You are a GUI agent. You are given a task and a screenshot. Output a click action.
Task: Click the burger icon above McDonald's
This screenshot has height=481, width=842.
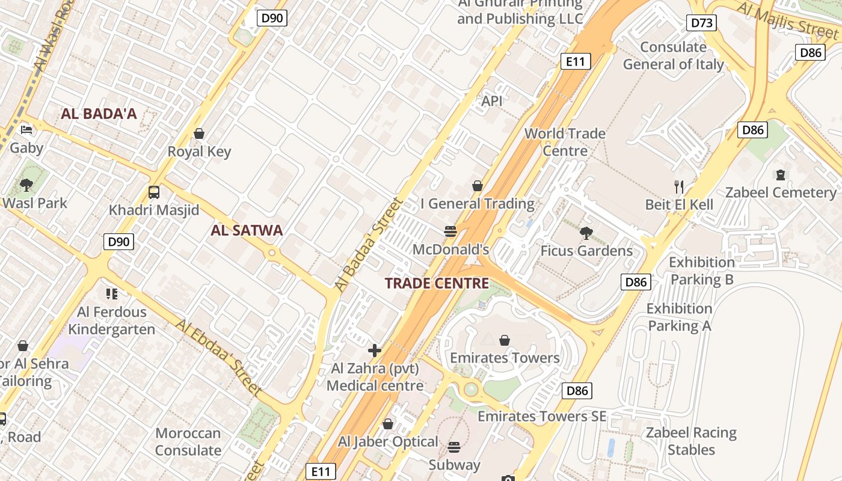[x=450, y=231]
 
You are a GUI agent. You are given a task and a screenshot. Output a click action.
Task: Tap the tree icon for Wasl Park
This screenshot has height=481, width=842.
[x=26, y=185]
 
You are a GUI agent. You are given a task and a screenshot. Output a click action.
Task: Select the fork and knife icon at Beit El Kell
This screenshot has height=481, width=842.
[x=679, y=187]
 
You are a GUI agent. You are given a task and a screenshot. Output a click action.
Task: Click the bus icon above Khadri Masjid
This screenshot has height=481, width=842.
[x=154, y=192]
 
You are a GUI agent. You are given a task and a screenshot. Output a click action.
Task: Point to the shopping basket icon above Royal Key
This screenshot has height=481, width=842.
[x=199, y=133]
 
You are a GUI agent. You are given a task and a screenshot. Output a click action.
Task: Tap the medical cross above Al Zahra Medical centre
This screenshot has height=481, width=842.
[x=375, y=350]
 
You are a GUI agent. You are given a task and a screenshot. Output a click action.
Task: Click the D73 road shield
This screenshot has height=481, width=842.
[x=702, y=23]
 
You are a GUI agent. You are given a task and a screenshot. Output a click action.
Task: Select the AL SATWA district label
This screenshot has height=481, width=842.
[x=247, y=230]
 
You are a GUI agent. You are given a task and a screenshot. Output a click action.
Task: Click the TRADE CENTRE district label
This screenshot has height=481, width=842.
[x=437, y=283]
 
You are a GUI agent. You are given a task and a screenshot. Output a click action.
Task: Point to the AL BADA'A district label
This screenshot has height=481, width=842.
[x=99, y=114]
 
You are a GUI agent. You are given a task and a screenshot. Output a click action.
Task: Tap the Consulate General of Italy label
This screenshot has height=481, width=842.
[x=673, y=55]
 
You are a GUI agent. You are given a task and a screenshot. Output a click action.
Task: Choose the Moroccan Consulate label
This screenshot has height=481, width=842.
[x=188, y=441]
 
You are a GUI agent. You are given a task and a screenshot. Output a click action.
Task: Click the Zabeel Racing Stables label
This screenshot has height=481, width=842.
[x=691, y=441]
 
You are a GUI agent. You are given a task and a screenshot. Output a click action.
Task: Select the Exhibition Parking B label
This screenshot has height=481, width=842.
[x=702, y=271]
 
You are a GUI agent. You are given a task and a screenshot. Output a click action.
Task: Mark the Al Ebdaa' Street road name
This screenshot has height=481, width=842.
[x=219, y=357]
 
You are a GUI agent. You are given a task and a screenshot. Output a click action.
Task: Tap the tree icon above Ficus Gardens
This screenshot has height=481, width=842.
[x=586, y=233]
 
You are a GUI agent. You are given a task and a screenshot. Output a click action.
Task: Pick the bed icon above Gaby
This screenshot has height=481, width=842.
[x=26, y=130]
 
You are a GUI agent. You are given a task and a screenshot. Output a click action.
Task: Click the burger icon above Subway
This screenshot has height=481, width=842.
[x=454, y=447]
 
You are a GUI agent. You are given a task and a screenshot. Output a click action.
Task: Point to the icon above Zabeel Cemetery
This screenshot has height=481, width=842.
[x=781, y=175]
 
